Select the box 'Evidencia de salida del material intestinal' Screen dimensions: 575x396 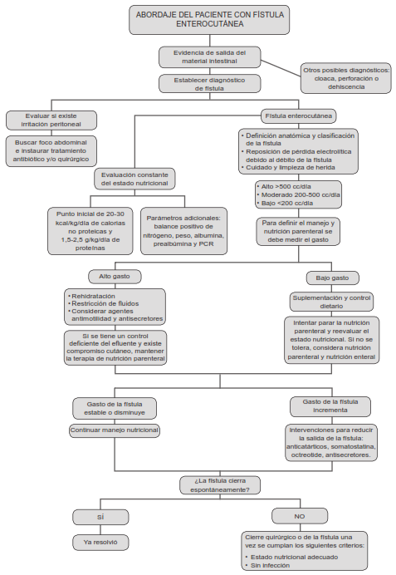click(x=210, y=57)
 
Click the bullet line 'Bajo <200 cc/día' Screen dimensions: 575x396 click(x=287, y=203)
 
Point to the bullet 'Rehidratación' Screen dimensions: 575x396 click(x=93, y=295)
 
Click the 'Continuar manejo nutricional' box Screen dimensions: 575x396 click(x=114, y=430)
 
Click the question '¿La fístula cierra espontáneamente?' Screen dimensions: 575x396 click(x=220, y=484)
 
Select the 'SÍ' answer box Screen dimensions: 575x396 click(x=100, y=516)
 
